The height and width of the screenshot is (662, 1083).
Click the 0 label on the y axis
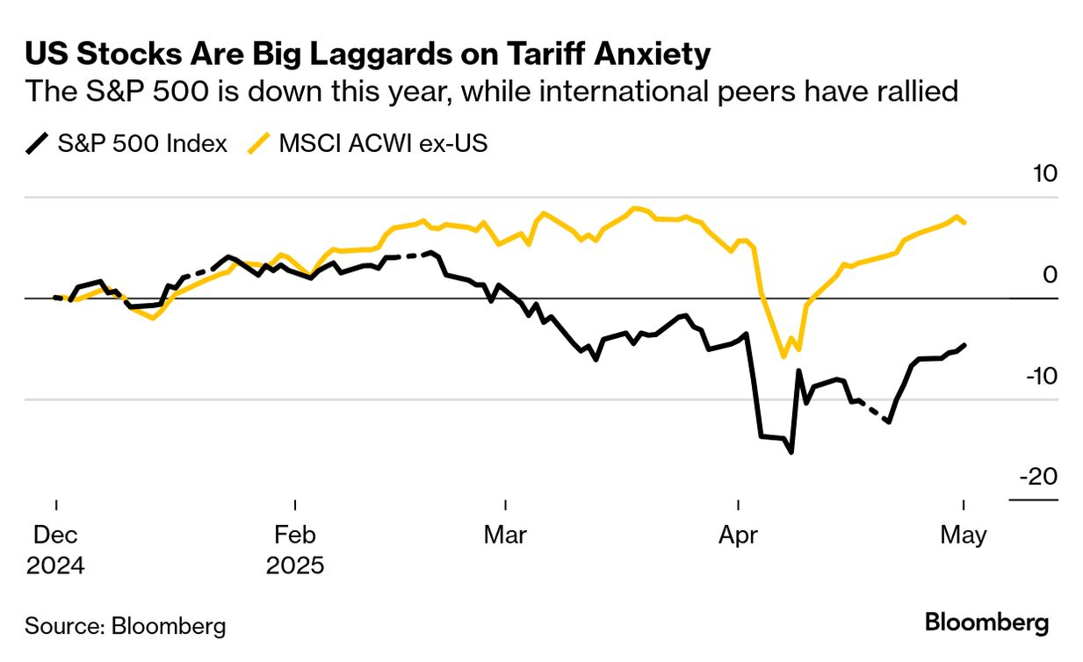coord(1051,275)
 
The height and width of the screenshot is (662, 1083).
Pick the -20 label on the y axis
coord(1039,477)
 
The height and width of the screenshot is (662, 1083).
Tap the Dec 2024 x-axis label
coord(55,549)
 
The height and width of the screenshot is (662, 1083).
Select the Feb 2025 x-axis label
coord(295,549)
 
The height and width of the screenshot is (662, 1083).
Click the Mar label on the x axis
coord(505,535)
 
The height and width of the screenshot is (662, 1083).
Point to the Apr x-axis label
coord(738,535)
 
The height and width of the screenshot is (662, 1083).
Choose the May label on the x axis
coord(964,535)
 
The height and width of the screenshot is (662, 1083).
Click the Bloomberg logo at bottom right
coord(986,623)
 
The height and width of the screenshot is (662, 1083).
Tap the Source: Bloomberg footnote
coord(126,626)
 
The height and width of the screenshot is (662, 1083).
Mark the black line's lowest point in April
coord(791,452)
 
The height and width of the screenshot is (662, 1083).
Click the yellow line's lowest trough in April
coord(783,356)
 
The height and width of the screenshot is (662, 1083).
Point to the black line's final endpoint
coord(964,345)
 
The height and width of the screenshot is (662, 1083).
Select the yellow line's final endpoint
coord(965,222)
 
